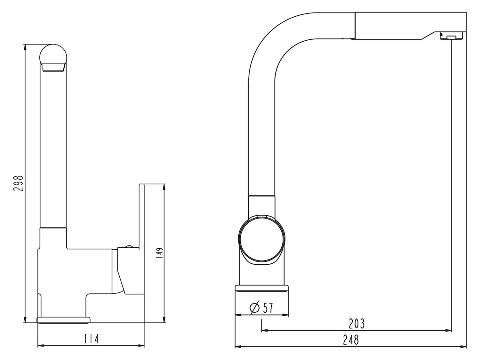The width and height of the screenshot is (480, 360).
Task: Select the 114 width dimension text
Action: coord(92,339)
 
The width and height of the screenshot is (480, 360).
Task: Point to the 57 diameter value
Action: coord(268,308)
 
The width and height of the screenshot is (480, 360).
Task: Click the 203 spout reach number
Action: coord(357,324)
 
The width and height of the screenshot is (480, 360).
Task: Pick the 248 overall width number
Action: coord(351,340)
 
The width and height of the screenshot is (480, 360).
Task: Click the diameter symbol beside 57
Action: coord(254,308)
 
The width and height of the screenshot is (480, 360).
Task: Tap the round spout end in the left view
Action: coord(53,58)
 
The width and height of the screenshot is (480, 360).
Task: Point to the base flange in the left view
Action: coord(63,320)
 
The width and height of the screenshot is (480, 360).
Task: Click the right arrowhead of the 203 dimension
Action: coord(448,331)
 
